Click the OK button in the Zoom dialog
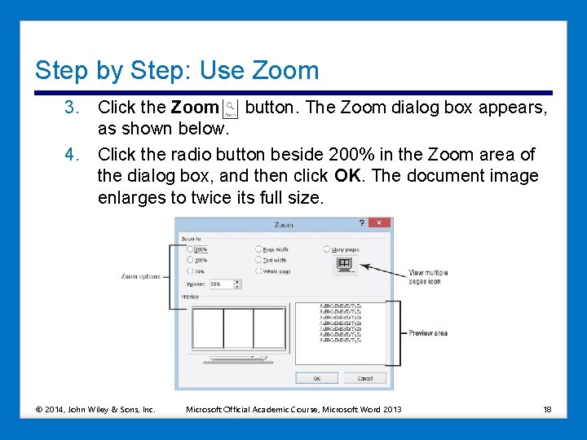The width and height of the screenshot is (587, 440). click(317, 378)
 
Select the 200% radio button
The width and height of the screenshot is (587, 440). click(190, 249)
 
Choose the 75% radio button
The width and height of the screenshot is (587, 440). click(190, 271)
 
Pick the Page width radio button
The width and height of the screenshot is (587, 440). click(258, 249)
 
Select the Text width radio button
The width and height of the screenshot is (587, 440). click(258, 260)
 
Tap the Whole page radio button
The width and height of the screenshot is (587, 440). click(258, 271)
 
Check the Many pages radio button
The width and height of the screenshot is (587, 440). click(327, 249)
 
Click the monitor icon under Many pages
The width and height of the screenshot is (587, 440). click(344, 264)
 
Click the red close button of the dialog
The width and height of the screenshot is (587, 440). click(379, 223)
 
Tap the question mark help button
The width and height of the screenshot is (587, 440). click(361, 223)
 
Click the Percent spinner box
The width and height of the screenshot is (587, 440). click(224, 284)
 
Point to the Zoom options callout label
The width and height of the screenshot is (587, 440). click(141, 277)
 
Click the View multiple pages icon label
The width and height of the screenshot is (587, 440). click(428, 277)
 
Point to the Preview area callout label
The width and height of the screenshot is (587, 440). click(428, 333)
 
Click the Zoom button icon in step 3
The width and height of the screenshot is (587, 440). click(231, 108)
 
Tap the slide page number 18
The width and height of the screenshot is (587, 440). click(547, 409)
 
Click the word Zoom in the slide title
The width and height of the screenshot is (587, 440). click(285, 70)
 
